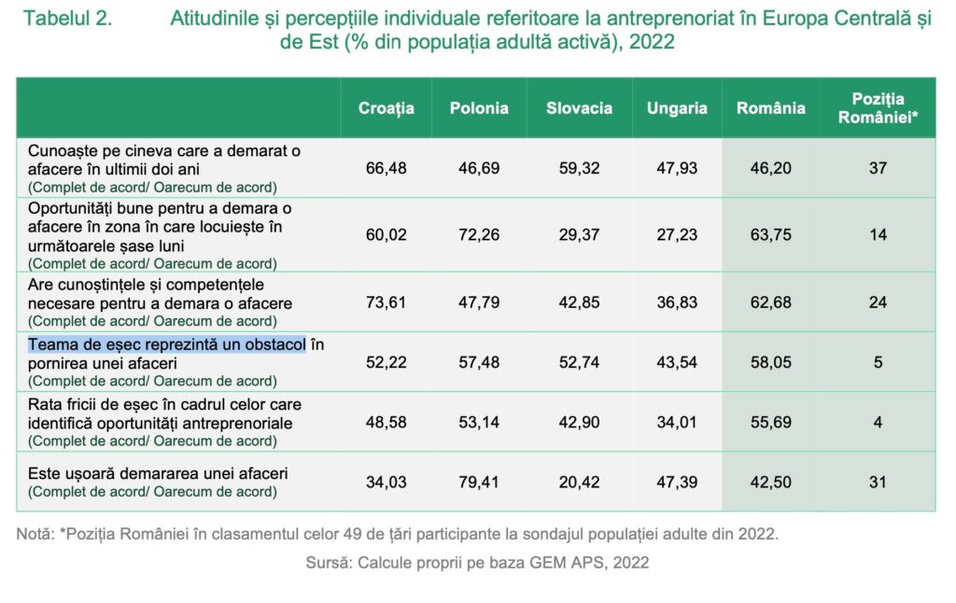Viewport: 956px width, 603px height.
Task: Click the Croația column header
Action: click(386, 108)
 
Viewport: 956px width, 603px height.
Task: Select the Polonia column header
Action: click(479, 108)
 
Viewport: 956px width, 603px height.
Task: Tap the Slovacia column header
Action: click(579, 108)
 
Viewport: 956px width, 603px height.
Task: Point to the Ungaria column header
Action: click(677, 108)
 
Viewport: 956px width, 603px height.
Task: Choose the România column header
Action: click(770, 108)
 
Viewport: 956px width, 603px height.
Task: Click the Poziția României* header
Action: click(878, 108)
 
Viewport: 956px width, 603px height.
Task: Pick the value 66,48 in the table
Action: click(386, 169)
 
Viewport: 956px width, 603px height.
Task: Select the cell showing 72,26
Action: click(479, 235)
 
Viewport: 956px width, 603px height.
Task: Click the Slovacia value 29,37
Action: click(579, 235)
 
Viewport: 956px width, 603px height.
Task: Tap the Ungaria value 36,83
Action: click(677, 302)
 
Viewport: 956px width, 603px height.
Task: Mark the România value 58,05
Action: click(770, 362)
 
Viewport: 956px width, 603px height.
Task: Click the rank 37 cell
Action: click(878, 169)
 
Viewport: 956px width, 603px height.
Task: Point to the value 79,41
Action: click(479, 483)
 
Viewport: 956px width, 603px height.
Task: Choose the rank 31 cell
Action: click(878, 483)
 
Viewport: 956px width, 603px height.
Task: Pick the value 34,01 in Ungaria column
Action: click(677, 423)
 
